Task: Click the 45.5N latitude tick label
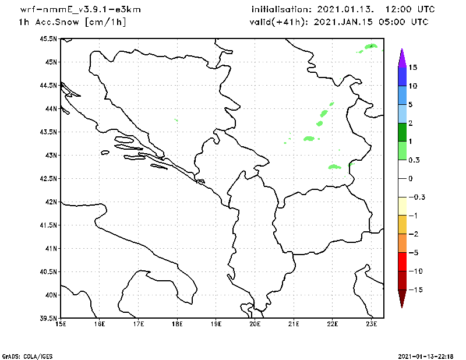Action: coord(48,38)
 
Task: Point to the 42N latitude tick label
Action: coord(50,202)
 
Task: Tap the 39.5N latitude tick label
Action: coord(48,318)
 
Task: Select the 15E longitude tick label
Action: coord(61,324)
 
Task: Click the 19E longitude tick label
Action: coord(216,324)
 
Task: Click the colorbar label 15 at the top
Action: coord(412,68)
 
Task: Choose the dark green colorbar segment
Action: coord(402,132)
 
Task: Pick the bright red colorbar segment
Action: coord(402,262)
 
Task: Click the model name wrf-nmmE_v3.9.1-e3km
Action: coord(80,10)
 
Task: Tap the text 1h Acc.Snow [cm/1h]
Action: coord(72,22)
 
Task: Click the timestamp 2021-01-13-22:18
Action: coord(426,355)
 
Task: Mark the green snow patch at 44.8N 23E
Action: coord(371,45)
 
